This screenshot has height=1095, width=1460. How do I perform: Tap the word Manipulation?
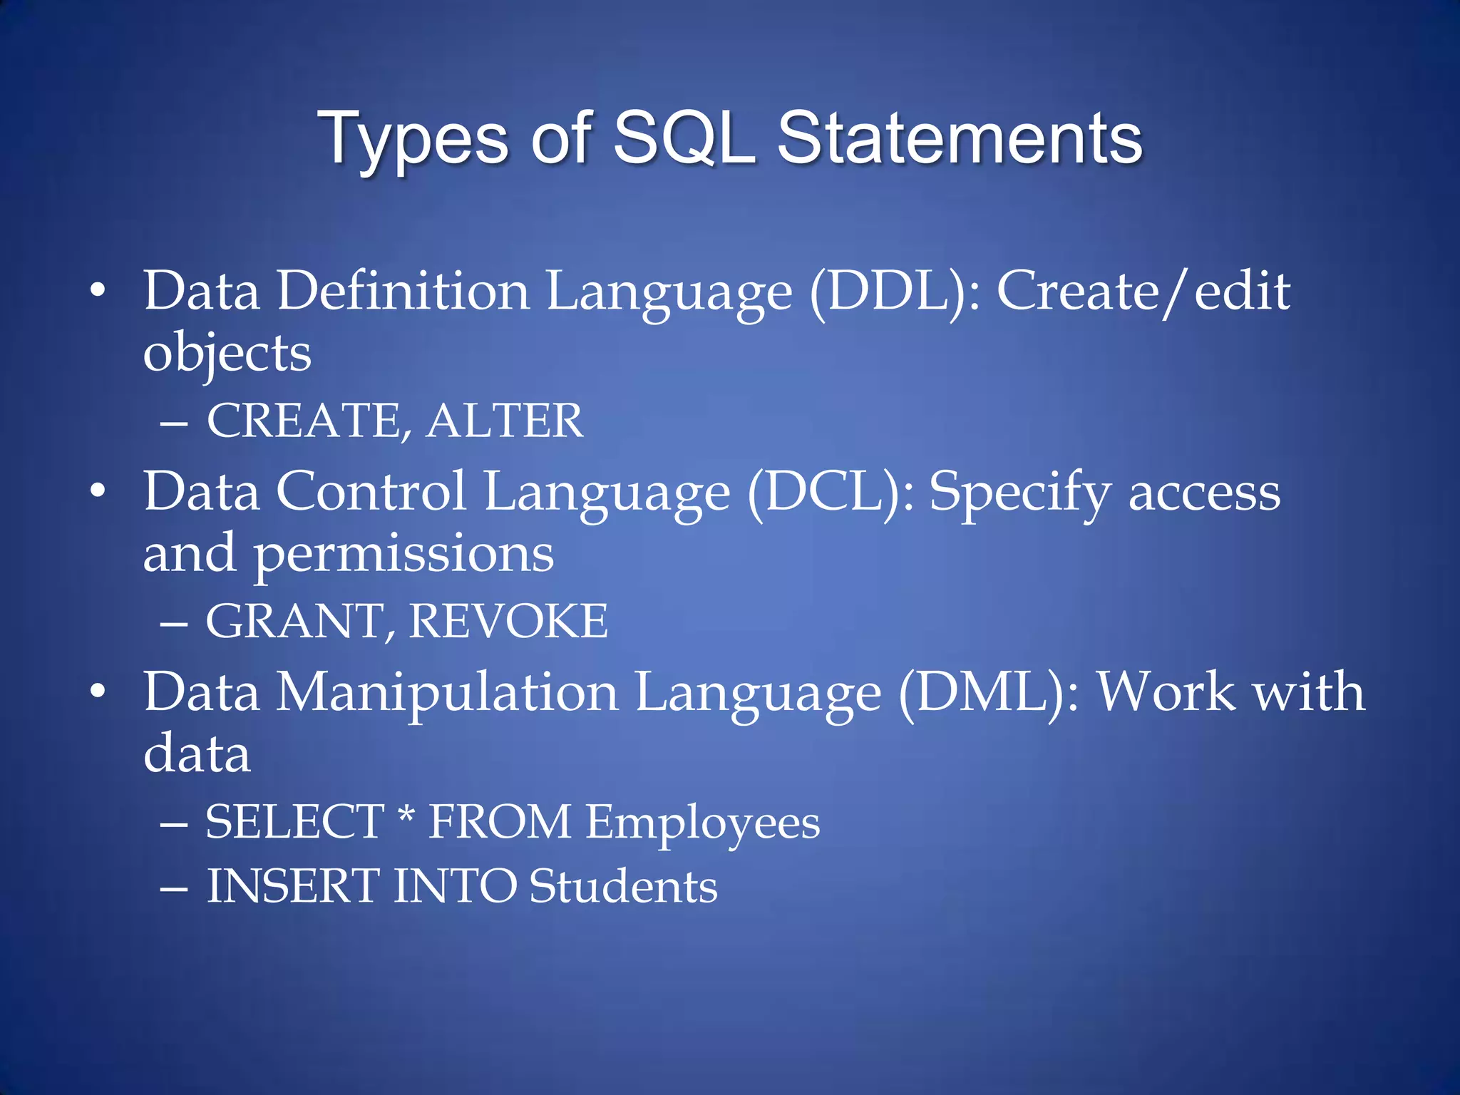pos(447,692)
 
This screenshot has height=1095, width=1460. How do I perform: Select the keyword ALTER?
pos(505,421)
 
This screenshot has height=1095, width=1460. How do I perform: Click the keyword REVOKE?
pos(508,621)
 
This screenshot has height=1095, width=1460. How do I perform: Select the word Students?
pos(623,886)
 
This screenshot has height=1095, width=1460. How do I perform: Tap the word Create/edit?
pos(1143,292)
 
